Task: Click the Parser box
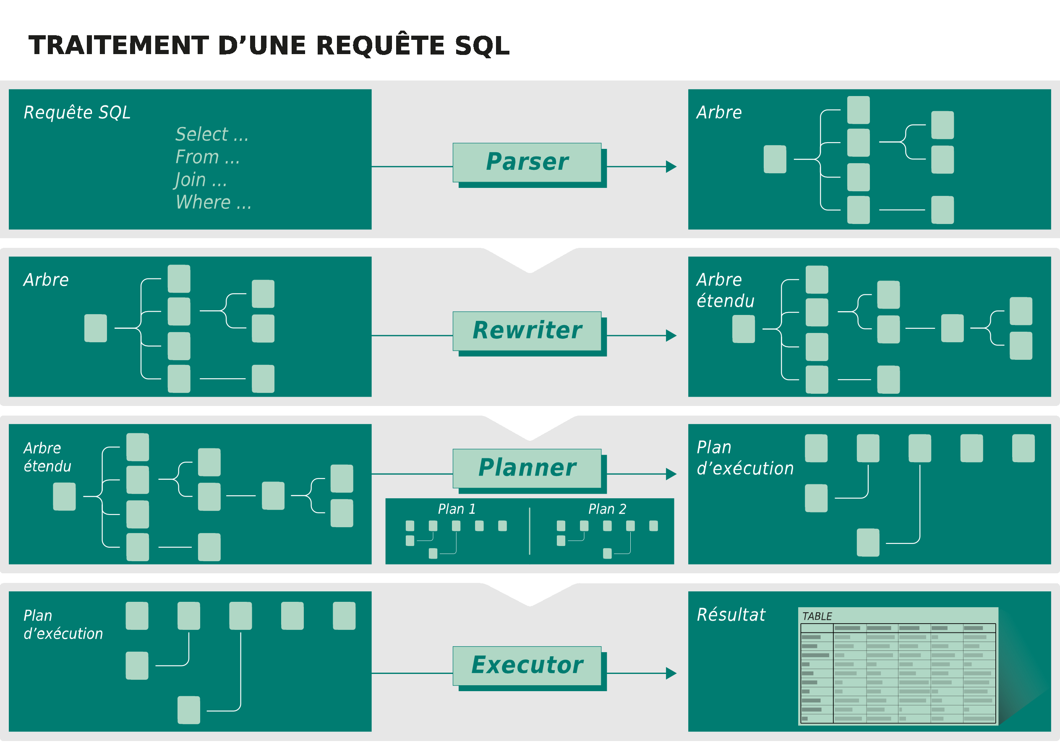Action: click(527, 162)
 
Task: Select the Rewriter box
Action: click(527, 331)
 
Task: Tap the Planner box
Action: click(527, 468)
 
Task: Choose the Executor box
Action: click(527, 666)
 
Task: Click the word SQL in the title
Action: click(482, 46)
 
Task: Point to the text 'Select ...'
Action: click(212, 135)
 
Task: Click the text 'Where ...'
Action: click(213, 203)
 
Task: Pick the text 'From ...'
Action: click(207, 157)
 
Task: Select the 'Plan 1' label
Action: click(457, 509)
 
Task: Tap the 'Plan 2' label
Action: click(607, 509)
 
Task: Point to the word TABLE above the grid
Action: click(817, 616)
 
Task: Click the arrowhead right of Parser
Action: click(671, 166)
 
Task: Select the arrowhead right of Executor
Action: click(671, 674)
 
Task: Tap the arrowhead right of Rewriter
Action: click(671, 335)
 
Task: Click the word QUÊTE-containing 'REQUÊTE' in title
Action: click(381, 46)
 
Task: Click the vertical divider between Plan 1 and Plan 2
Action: click(530, 531)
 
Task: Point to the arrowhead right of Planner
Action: click(671, 474)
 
